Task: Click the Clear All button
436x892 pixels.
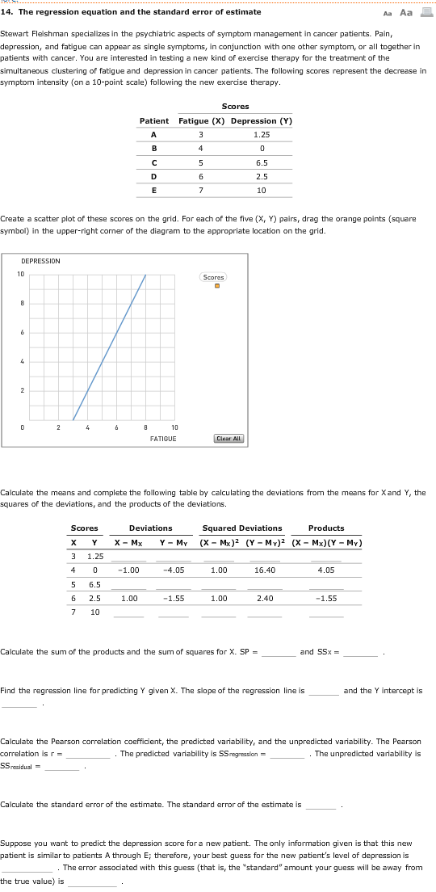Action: click(x=229, y=438)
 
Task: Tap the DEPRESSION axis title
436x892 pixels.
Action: click(x=40, y=261)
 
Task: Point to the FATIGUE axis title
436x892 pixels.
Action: click(x=163, y=438)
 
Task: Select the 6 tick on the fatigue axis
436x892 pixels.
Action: click(x=116, y=427)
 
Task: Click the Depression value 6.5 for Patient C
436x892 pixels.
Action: click(x=261, y=163)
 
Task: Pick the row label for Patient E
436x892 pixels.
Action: click(x=153, y=191)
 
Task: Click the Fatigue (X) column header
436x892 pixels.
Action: click(x=199, y=121)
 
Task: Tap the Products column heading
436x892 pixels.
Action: click(x=326, y=528)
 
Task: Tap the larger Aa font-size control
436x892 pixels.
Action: click(x=405, y=12)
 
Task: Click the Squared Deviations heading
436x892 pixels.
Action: click(x=248, y=528)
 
